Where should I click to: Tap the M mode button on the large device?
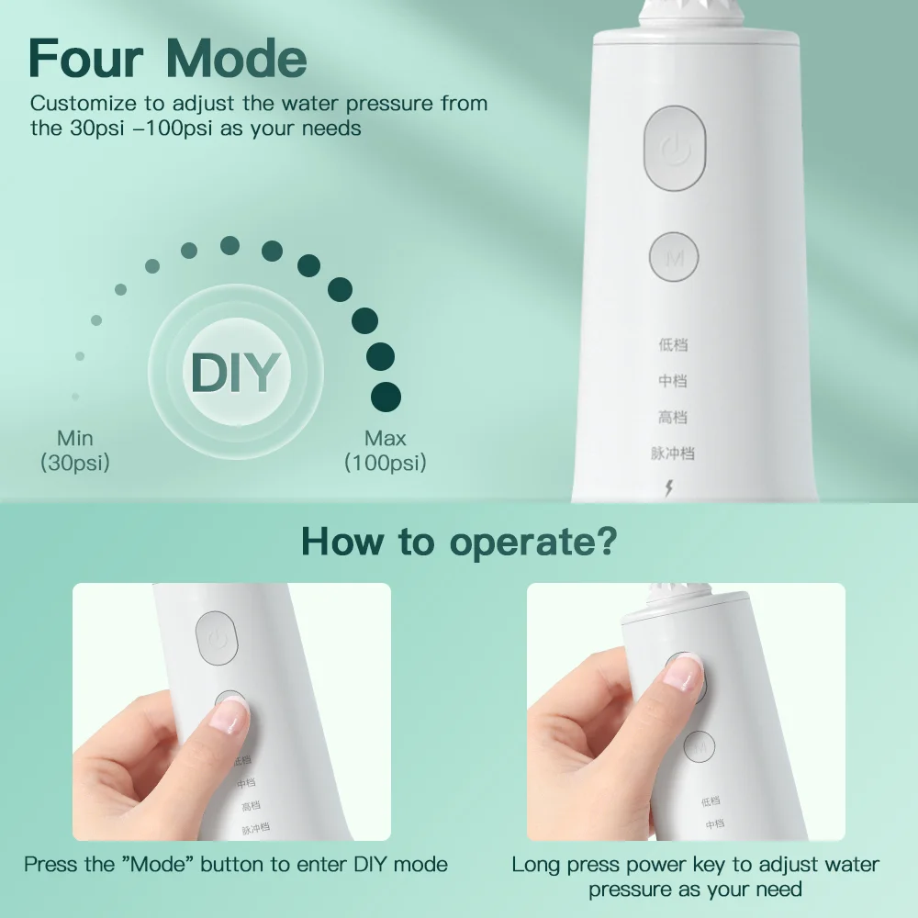coord(675,257)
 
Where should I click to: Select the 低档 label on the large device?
coord(673,345)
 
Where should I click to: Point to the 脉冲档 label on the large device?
coord(673,453)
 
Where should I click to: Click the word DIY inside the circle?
coord(235,372)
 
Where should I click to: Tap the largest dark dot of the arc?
coord(386,396)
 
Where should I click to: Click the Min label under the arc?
coord(74,438)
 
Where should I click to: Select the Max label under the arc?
coord(385,438)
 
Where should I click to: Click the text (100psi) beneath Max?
coord(385,463)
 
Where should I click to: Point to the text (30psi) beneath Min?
coord(74,463)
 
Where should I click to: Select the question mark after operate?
coord(605,543)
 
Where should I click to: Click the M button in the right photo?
coord(700,744)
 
